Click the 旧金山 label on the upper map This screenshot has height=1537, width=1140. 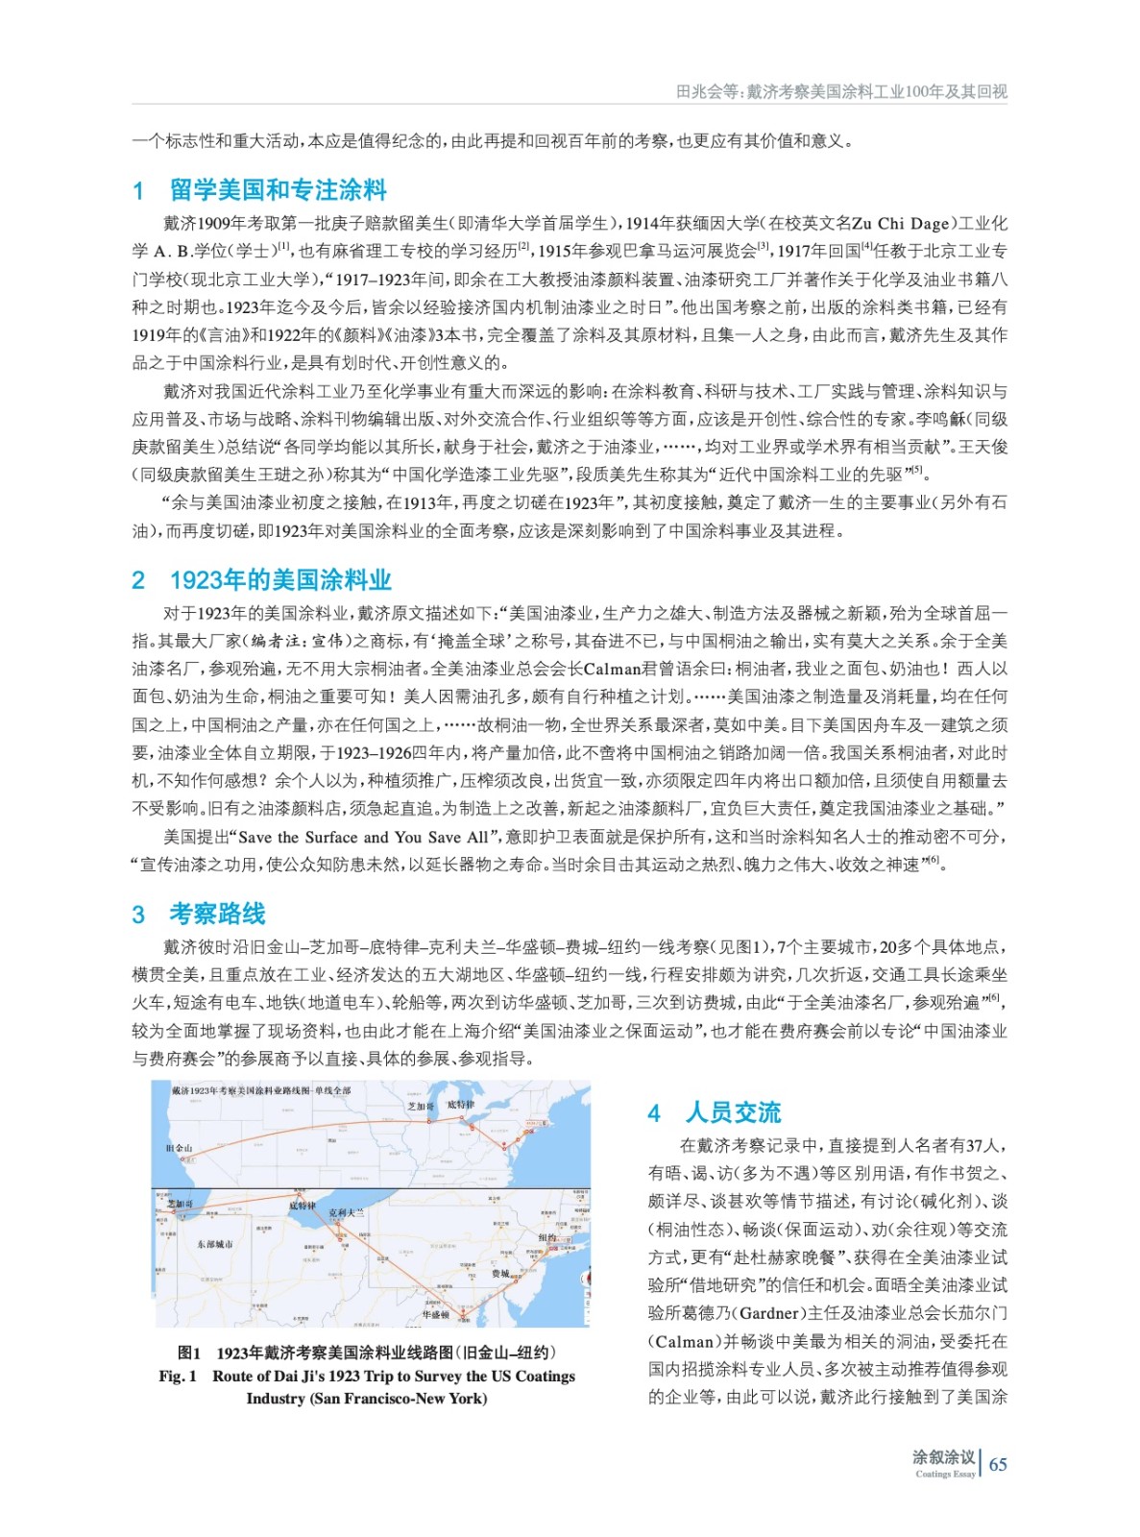[180, 1147]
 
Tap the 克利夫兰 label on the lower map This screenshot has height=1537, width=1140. [347, 1212]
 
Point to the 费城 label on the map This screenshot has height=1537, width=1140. [500, 1273]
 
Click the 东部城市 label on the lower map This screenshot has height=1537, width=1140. [214, 1243]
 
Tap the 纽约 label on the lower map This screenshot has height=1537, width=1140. [547, 1237]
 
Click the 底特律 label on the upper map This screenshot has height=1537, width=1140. [461, 1105]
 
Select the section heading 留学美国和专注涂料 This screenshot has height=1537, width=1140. [278, 190]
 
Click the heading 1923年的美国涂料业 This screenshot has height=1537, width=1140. [280, 580]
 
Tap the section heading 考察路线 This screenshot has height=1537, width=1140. [217, 914]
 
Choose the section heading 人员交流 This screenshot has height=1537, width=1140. [733, 1112]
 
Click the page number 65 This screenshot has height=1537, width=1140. [998, 1464]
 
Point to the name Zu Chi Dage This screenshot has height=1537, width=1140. [900, 224]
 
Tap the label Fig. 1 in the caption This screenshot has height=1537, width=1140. [178, 1376]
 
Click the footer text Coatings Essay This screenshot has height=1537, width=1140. [945, 1474]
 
